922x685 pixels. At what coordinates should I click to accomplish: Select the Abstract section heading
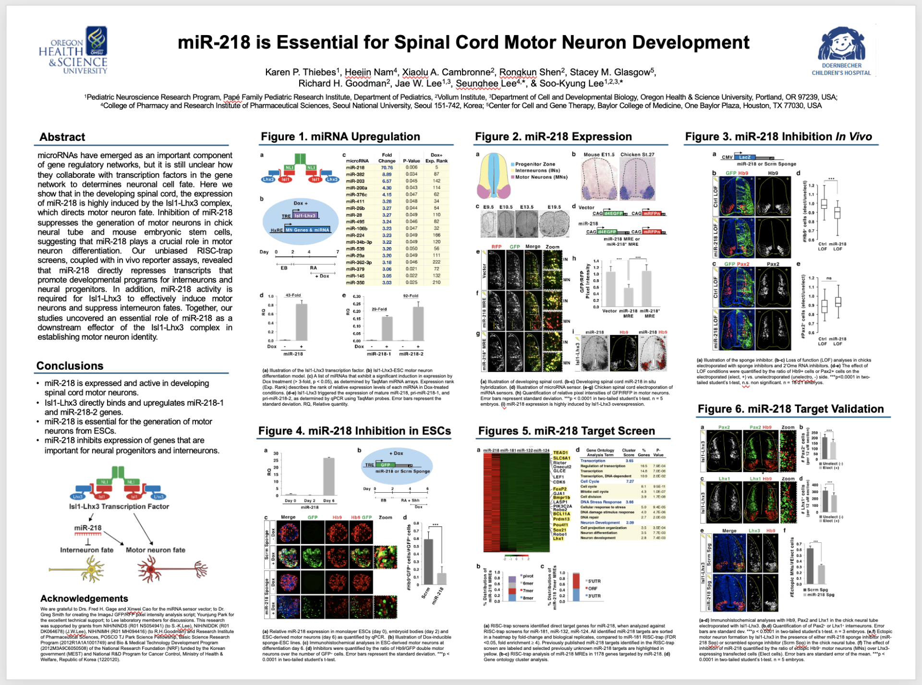point(62,137)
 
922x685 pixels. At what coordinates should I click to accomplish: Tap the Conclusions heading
point(70,366)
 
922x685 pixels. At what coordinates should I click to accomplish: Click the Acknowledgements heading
point(84,598)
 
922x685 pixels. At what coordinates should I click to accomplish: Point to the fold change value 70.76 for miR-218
point(387,168)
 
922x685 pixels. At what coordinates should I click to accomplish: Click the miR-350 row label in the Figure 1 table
point(355,283)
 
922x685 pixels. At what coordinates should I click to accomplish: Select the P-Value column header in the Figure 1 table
point(412,161)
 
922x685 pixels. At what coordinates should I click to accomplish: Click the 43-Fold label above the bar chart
point(293,295)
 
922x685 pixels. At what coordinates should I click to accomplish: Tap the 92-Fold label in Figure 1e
point(411,296)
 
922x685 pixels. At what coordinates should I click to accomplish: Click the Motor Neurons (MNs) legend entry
point(541,177)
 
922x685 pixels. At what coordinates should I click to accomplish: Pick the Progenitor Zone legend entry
point(535,164)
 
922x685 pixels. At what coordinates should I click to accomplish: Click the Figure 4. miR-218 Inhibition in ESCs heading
point(354,431)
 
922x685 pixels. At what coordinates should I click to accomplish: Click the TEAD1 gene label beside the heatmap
point(560,452)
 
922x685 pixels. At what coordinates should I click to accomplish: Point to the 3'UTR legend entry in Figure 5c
point(594,596)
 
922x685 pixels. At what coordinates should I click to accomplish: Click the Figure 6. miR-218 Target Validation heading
point(790,409)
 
